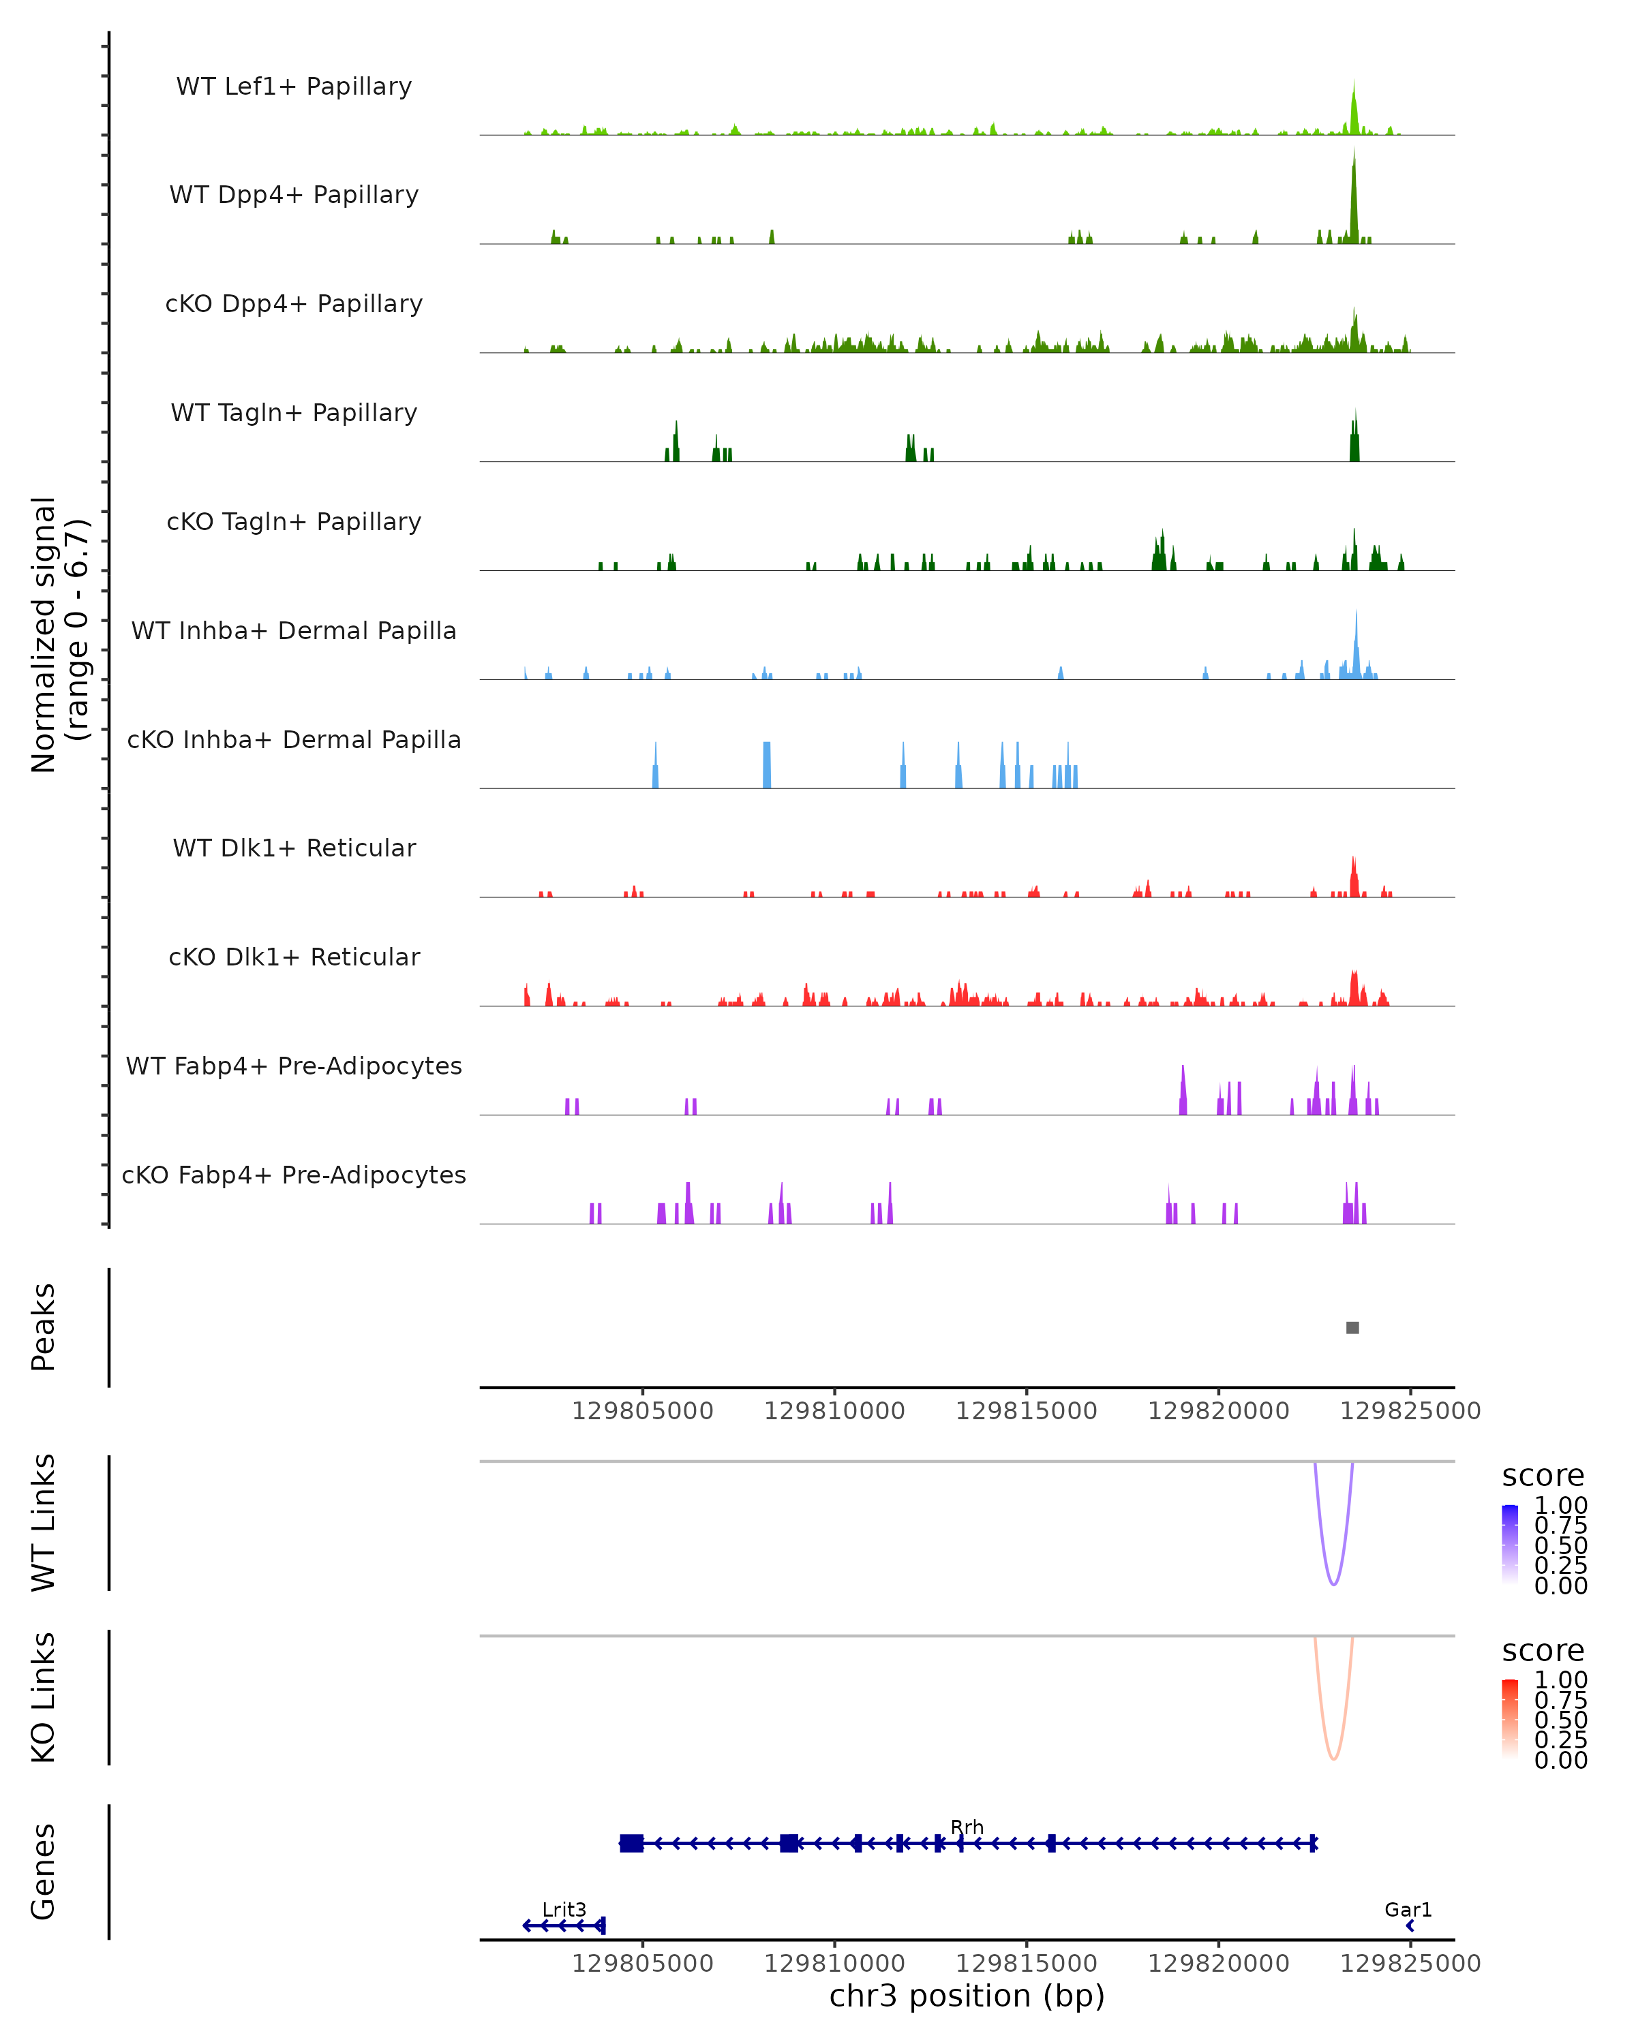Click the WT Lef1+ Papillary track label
point(294,87)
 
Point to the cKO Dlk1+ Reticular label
point(294,957)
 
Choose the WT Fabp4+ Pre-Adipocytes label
point(294,1066)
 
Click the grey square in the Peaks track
point(1352,1327)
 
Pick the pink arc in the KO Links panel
point(1333,1759)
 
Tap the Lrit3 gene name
point(564,1909)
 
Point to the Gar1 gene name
point(1408,1909)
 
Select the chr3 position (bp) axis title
point(967,1996)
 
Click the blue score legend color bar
point(1510,1545)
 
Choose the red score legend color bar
point(1510,1719)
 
